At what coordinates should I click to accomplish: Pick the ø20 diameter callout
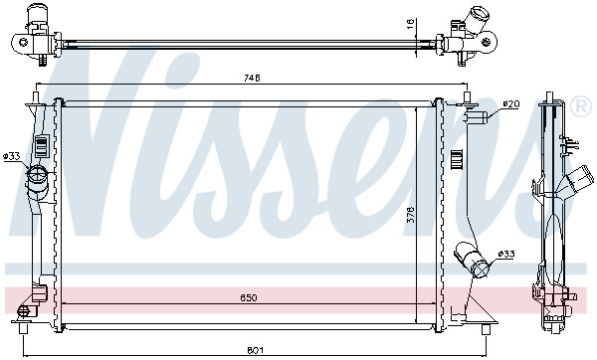511,103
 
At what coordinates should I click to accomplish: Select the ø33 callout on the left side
12,155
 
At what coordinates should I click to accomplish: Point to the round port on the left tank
38,179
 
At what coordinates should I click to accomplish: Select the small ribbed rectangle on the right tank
457,159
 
